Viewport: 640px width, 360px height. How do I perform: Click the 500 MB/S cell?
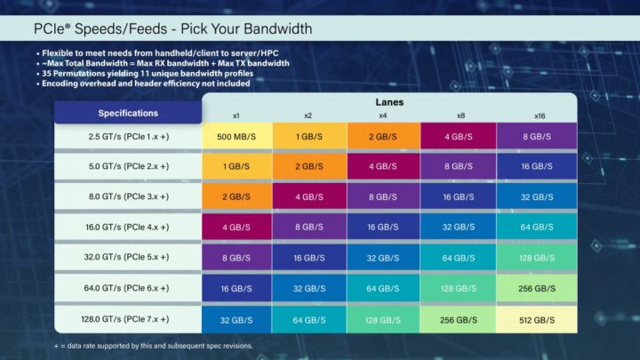coord(236,136)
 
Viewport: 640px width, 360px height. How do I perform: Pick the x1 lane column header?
coord(236,116)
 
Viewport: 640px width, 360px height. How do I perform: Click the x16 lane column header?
coord(540,116)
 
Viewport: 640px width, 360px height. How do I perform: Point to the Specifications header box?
coord(128,113)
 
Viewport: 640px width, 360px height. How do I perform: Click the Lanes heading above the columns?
coord(389,102)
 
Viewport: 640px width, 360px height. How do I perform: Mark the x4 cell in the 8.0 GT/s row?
coord(382,196)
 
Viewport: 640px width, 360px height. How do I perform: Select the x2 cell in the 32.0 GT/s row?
coord(308,257)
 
